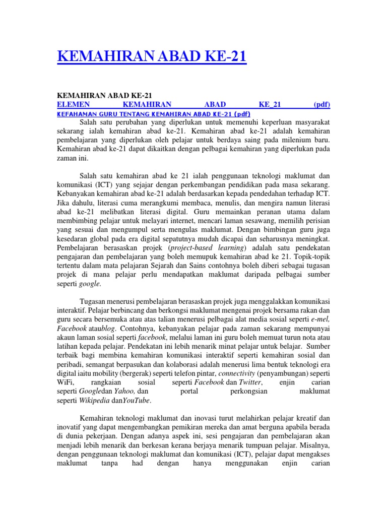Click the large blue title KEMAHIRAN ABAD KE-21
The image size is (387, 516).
152,55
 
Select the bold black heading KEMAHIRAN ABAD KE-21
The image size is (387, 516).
105,96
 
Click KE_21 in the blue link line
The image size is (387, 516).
270,105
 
